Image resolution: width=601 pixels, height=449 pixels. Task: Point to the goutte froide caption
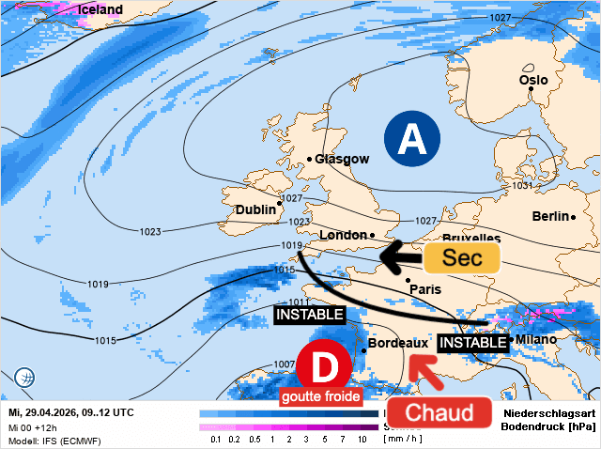320,396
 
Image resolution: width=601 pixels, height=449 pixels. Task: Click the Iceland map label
100,10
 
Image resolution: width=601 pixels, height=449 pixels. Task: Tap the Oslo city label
533,80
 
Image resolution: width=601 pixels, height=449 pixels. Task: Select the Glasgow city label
342,159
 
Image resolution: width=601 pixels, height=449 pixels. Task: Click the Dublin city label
255,209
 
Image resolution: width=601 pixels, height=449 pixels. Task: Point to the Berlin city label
551,216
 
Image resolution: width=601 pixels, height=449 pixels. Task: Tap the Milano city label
536,339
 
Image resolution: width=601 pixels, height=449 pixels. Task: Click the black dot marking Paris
408,280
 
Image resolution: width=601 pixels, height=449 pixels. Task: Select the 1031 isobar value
522,186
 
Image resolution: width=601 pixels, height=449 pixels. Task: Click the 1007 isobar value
285,364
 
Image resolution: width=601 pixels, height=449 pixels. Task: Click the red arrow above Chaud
427,374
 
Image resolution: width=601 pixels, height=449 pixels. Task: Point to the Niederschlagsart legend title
550,414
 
